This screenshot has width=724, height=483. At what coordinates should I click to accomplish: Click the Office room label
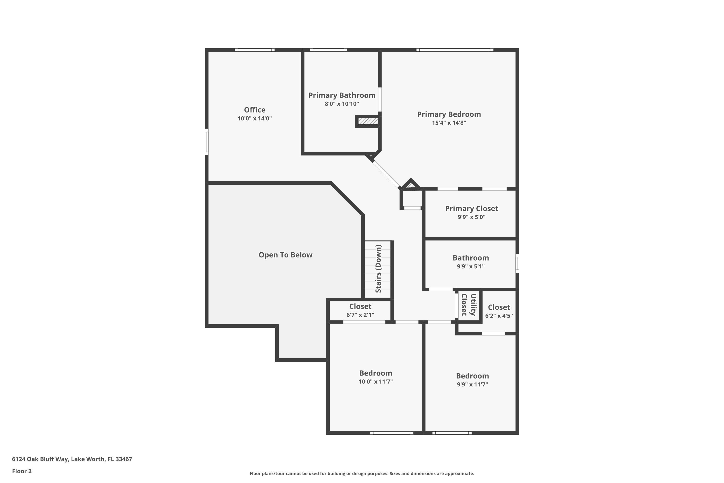[255, 110]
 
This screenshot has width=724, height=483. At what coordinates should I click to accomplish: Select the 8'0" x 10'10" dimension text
[342, 104]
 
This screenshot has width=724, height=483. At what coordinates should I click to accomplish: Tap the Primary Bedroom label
[449, 114]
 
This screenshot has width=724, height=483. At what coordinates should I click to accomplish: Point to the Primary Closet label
[471, 209]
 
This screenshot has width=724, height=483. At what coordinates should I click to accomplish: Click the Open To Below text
[285, 255]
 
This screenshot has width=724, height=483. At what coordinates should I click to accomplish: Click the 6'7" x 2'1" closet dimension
[360, 315]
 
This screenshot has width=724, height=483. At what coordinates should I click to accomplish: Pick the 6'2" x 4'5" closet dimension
[499, 316]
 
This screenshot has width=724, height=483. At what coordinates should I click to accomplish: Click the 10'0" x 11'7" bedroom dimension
[376, 382]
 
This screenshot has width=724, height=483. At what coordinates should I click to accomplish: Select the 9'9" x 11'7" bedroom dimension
[472, 384]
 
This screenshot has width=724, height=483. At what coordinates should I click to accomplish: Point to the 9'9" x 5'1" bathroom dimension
[471, 266]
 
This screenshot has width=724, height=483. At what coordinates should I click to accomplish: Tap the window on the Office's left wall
[207, 142]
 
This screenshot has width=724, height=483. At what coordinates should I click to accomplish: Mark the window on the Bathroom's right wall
[517, 263]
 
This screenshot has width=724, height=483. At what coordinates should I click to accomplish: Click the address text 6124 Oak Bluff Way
[72, 459]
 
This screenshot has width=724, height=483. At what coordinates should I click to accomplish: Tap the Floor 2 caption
[22, 471]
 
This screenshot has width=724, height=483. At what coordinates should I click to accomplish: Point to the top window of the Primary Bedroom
[455, 50]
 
